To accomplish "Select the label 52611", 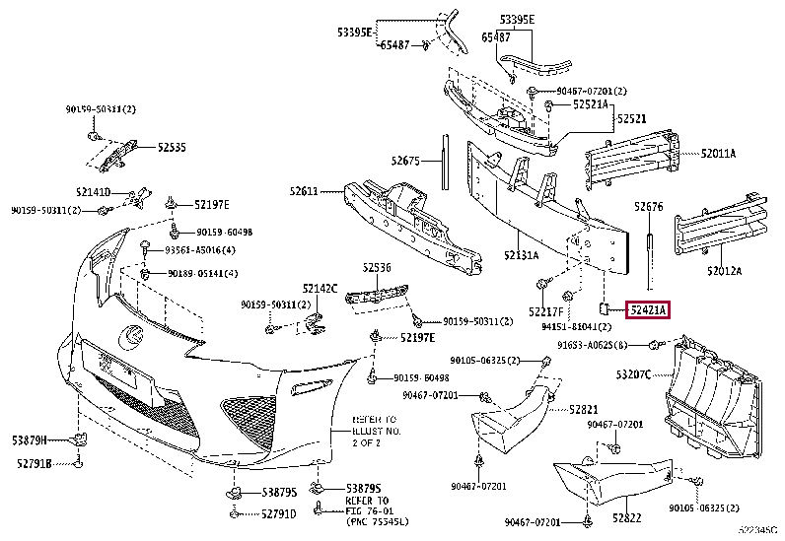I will click(304, 191).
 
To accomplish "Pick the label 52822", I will click(626, 517).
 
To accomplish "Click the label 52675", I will click(405, 161).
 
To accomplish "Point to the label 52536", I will click(375, 266).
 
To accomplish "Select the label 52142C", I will click(320, 289).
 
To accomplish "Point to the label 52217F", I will click(543, 310).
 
